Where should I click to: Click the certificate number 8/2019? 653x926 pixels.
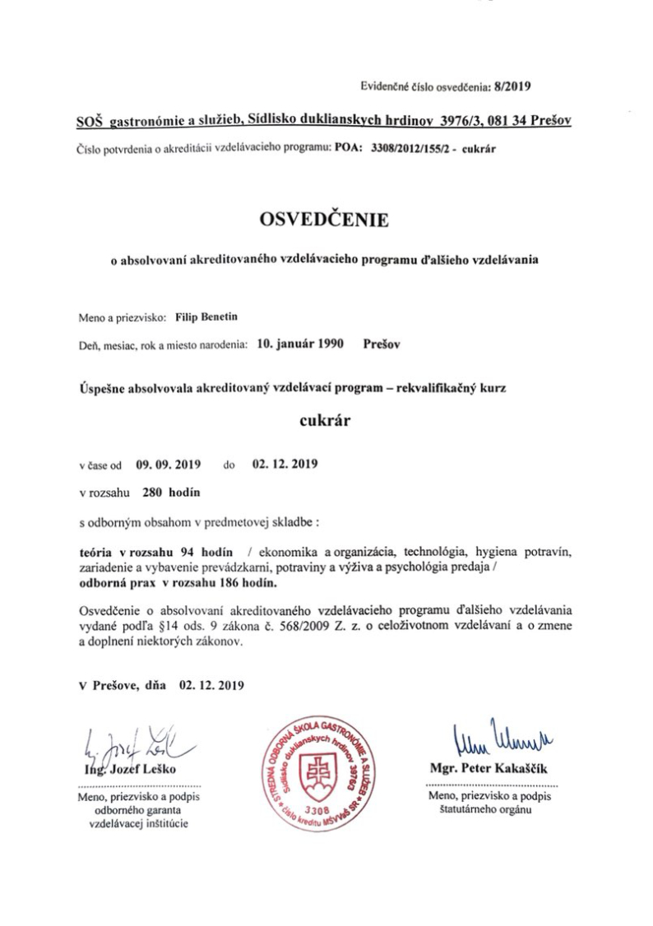(x=514, y=85)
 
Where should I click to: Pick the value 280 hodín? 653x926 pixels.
(x=170, y=493)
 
